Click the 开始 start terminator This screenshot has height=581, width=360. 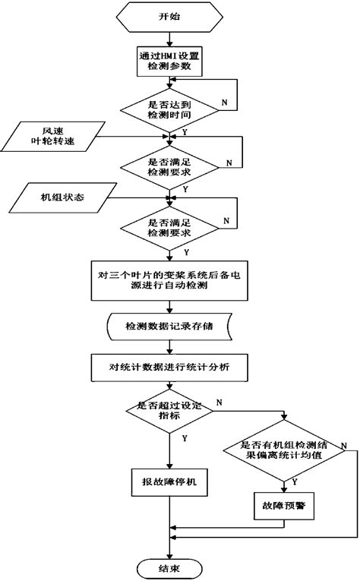point(169,15)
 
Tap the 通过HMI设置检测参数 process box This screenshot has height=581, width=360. point(169,62)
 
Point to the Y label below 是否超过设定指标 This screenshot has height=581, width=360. point(185,438)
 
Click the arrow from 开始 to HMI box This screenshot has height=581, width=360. point(169,37)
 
